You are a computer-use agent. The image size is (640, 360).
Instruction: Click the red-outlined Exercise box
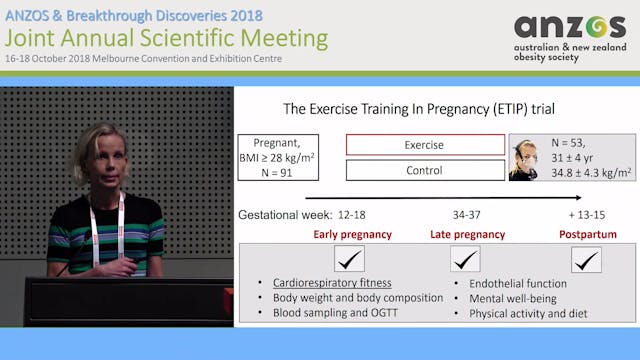[425, 145]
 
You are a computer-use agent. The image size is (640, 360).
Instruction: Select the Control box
[425, 171]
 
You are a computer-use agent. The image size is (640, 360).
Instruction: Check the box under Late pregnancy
[466, 260]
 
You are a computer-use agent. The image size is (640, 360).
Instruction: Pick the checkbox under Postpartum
[587, 260]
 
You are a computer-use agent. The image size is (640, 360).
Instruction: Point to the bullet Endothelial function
[517, 283]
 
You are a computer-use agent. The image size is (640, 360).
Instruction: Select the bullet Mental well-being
[511, 298]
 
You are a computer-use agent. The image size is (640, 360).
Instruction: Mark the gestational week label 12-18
[353, 216]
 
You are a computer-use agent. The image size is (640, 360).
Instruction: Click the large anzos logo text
[569, 28]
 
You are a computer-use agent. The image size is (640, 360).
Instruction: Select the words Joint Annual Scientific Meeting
[166, 38]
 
